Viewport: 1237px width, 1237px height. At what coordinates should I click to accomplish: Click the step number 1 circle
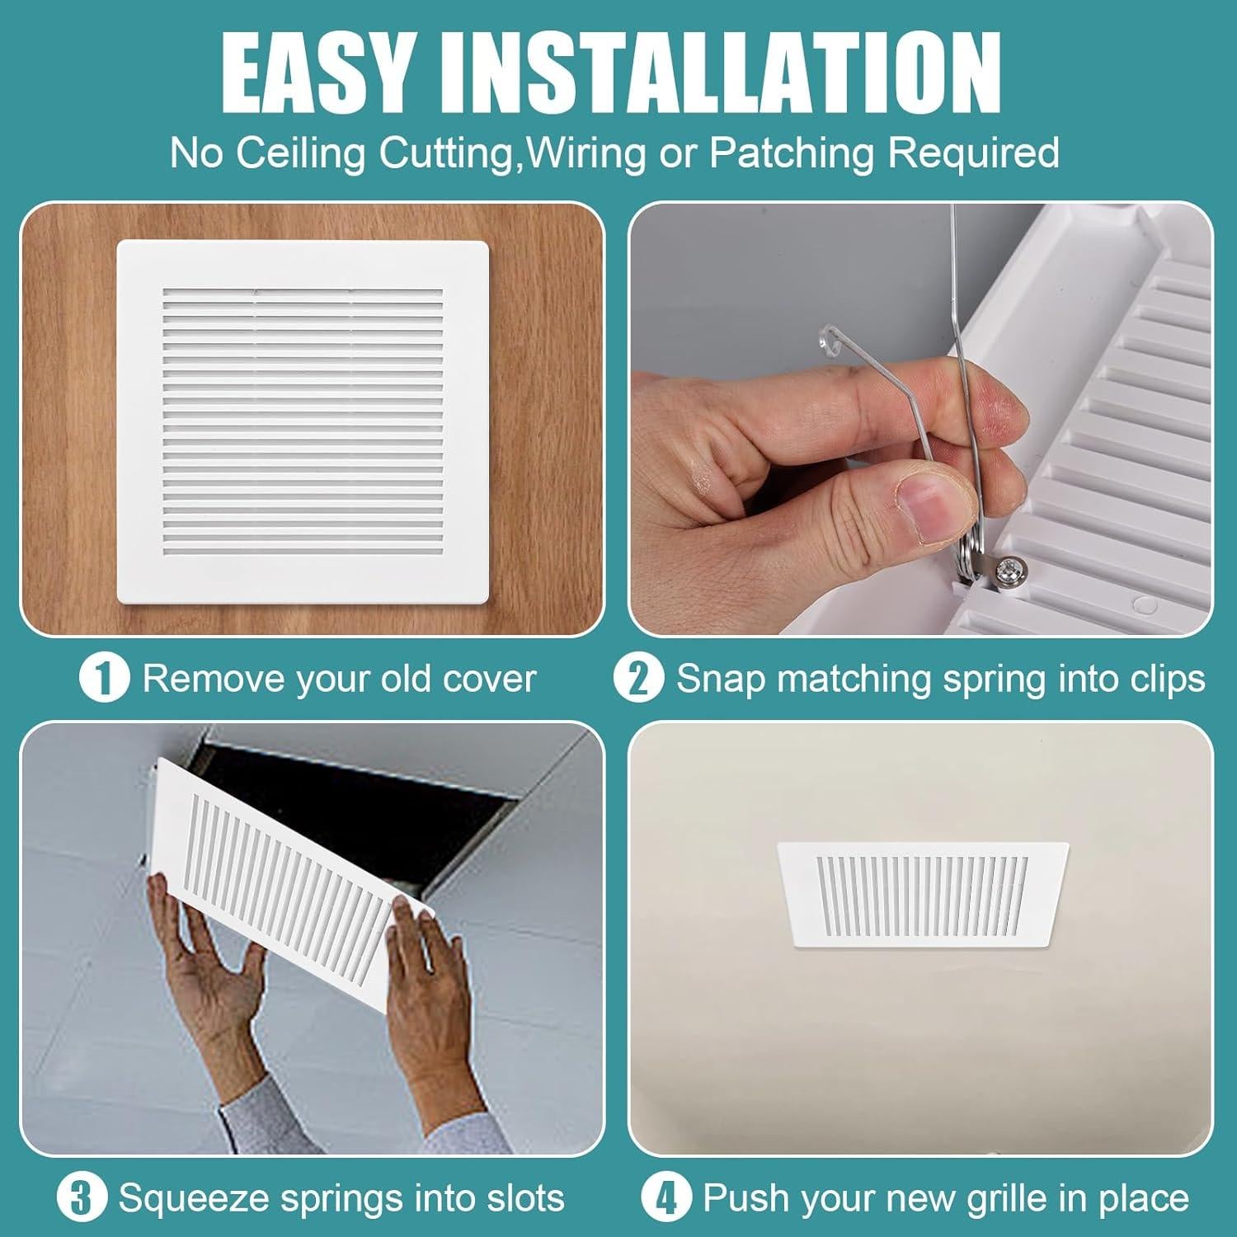104,680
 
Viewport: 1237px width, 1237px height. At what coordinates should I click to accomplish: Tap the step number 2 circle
638,680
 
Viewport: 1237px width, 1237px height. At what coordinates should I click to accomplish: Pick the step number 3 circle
81,1197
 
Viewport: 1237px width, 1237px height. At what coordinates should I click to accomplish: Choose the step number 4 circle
666,1197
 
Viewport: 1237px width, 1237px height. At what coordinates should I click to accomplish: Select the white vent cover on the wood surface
303,421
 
